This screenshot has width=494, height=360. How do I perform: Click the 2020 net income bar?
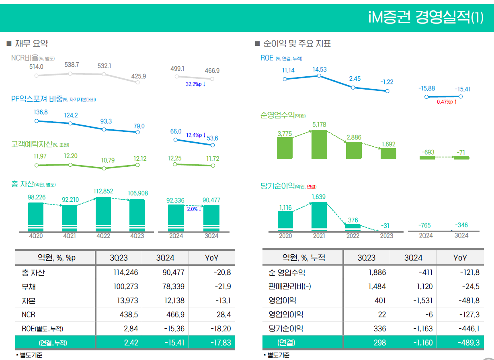(x=285, y=220)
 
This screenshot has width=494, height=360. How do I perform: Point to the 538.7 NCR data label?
(x=72, y=65)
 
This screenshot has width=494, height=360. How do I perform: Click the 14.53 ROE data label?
(x=320, y=70)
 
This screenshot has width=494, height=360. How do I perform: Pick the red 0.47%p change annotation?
(x=447, y=102)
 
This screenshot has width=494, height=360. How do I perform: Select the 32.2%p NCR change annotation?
(x=195, y=84)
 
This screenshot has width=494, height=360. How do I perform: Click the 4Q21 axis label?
(x=70, y=236)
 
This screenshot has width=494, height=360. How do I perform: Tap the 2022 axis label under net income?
(x=353, y=236)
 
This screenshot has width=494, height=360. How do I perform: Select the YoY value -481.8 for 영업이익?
(x=469, y=301)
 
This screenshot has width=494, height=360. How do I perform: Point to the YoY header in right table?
(x=460, y=258)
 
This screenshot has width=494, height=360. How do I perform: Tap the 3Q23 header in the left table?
(x=119, y=258)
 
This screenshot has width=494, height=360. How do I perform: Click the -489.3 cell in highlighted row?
(x=469, y=343)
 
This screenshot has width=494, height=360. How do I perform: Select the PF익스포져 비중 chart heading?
(x=37, y=99)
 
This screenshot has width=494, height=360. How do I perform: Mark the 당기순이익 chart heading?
(x=277, y=186)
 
